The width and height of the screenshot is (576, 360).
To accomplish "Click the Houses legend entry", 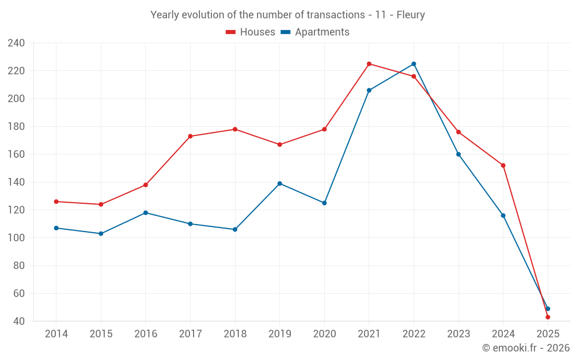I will click(251, 32).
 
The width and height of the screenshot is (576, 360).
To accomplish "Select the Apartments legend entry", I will click(315, 32).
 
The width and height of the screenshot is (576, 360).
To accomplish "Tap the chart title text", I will click(287, 15).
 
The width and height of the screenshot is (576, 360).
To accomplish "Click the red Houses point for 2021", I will click(369, 64).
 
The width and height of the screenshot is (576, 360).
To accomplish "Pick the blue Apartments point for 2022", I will click(414, 64).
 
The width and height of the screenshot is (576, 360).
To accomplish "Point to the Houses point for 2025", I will click(548, 317).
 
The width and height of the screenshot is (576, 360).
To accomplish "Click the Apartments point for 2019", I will click(279, 184).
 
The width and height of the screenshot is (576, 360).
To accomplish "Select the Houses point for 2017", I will click(190, 137).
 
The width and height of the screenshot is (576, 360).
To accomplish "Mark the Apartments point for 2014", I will click(56, 228).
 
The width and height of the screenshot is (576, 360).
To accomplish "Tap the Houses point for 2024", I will click(503, 165).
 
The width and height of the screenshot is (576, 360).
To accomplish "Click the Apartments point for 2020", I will click(324, 203).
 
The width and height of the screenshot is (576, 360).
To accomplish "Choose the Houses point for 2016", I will click(146, 185).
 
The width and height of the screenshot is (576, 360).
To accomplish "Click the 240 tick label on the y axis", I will click(16, 43).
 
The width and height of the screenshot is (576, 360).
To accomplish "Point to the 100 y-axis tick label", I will click(16, 238).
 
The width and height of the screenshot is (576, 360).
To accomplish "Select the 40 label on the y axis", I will click(18, 321).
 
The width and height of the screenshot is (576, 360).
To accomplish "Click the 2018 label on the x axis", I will click(235, 334).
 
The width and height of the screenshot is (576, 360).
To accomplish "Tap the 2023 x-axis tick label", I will click(458, 334).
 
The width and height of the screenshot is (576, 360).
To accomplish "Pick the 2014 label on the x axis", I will click(56, 334).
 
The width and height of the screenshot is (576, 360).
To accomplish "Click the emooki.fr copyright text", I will click(526, 348).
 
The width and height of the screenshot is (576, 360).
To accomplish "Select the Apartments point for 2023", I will click(458, 154).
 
